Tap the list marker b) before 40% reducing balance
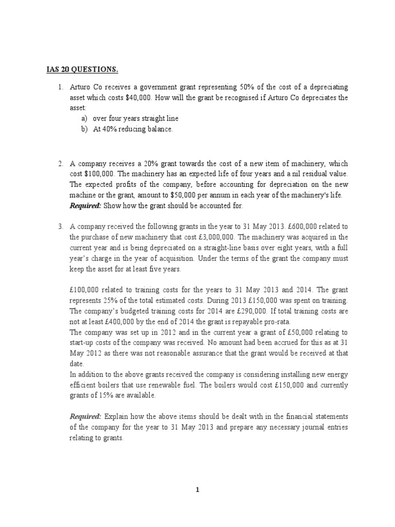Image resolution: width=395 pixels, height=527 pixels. pyautogui.click(x=84, y=129)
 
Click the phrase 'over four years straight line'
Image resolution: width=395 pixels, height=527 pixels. pyautogui.click(x=136, y=119)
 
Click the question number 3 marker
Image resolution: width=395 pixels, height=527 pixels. pyautogui.click(x=60, y=226)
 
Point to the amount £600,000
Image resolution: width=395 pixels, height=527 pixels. pyautogui.click(x=306, y=226)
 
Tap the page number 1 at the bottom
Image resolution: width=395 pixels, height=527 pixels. pyautogui.click(x=197, y=489)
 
